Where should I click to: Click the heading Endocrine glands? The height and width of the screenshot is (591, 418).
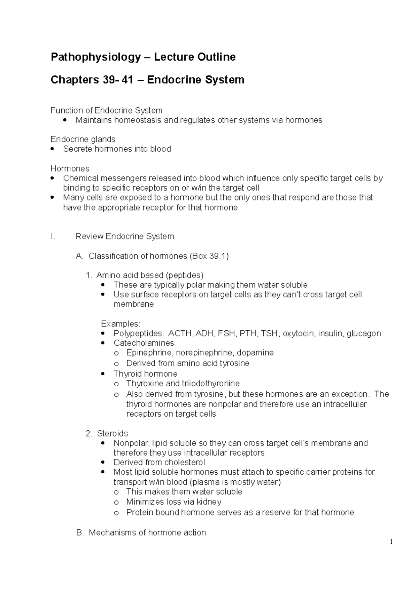[83, 140]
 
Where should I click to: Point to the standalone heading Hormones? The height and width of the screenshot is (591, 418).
[70, 169]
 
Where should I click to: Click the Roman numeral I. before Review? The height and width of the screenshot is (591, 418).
[53, 237]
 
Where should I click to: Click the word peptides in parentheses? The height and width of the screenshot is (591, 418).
[184, 275]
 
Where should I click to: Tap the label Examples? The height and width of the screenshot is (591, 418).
[121, 324]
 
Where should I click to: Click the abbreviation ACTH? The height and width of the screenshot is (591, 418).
[180, 334]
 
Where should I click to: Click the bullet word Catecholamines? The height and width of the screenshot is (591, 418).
[144, 343]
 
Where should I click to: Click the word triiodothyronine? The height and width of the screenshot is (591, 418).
[210, 384]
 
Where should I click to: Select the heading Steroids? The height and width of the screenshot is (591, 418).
[112, 434]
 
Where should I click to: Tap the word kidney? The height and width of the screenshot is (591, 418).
[209, 502]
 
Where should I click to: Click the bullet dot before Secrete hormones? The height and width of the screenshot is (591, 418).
[53, 149]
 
